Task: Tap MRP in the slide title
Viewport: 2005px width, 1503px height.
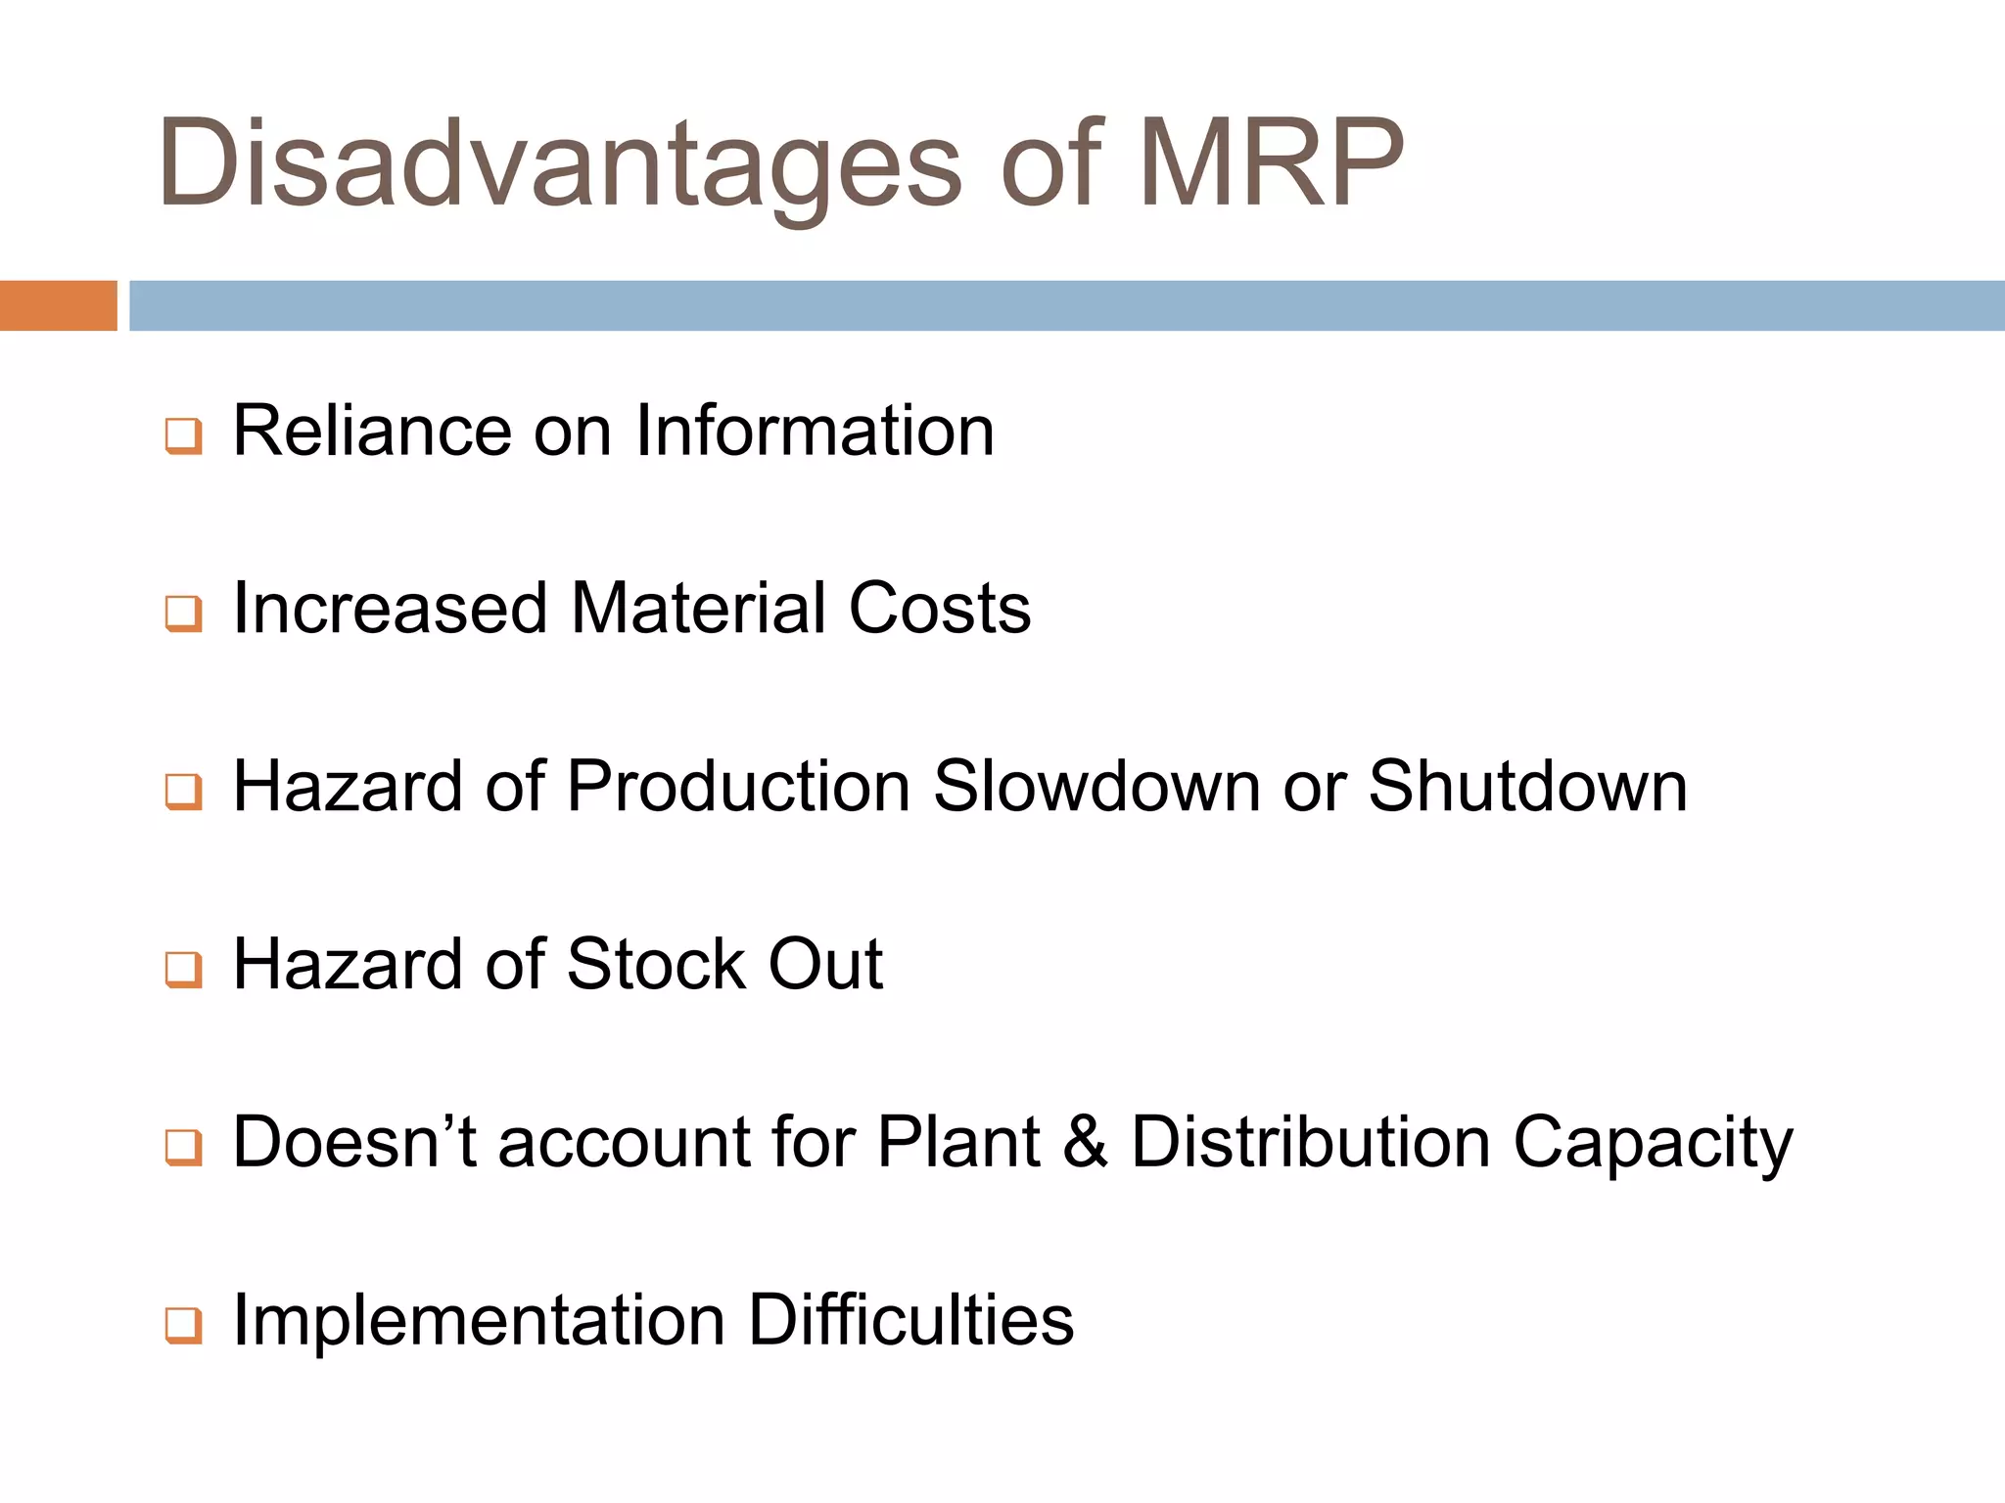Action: [1270, 164]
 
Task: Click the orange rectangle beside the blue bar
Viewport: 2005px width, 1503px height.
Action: [58, 305]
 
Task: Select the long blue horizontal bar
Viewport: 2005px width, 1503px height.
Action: [1066, 305]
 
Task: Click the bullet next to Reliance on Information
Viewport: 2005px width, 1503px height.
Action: [183, 436]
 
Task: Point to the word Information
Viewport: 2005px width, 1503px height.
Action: [815, 431]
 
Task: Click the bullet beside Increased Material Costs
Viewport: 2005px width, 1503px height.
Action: [183, 615]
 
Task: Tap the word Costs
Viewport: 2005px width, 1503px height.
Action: [940, 609]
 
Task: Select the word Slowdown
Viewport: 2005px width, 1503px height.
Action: [1096, 787]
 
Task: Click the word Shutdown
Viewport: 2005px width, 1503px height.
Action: [1527, 787]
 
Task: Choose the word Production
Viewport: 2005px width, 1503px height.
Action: [739, 787]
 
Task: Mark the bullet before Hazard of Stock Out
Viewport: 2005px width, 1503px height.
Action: [183, 970]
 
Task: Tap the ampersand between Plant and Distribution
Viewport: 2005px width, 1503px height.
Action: [1085, 1142]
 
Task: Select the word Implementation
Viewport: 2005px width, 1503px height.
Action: [478, 1321]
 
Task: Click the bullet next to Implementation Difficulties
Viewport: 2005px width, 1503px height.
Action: [183, 1326]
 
